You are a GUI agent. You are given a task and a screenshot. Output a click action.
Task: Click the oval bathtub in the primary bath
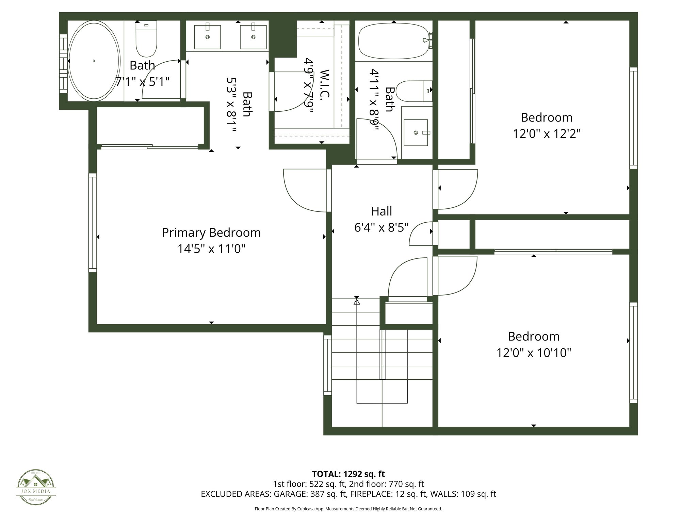tap(94, 61)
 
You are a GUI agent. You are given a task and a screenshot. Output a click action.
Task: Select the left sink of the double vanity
tap(207, 37)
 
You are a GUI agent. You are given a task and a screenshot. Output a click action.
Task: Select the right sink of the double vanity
tap(253, 37)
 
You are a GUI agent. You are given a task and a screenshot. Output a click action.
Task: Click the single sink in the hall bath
tap(416, 132)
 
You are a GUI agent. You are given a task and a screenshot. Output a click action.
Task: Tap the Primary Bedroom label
tap(211, 233)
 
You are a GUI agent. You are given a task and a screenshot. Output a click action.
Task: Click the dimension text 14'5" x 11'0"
tap(211, 249)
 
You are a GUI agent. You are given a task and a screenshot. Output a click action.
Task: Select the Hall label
tap(381, 211)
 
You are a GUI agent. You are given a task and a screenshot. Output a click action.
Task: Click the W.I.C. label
tap(325, 83)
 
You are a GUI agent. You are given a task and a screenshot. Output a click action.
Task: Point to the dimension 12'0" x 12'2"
tap(547, 134)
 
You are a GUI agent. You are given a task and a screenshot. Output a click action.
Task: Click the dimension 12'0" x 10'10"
tap(533, 353)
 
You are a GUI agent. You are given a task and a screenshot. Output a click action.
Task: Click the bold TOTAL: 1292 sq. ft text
tap(348, 474)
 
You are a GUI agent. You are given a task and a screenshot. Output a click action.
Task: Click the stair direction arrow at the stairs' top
tap(357, 301)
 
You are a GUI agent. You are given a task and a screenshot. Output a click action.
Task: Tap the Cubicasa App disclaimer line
tap(348, 509)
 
